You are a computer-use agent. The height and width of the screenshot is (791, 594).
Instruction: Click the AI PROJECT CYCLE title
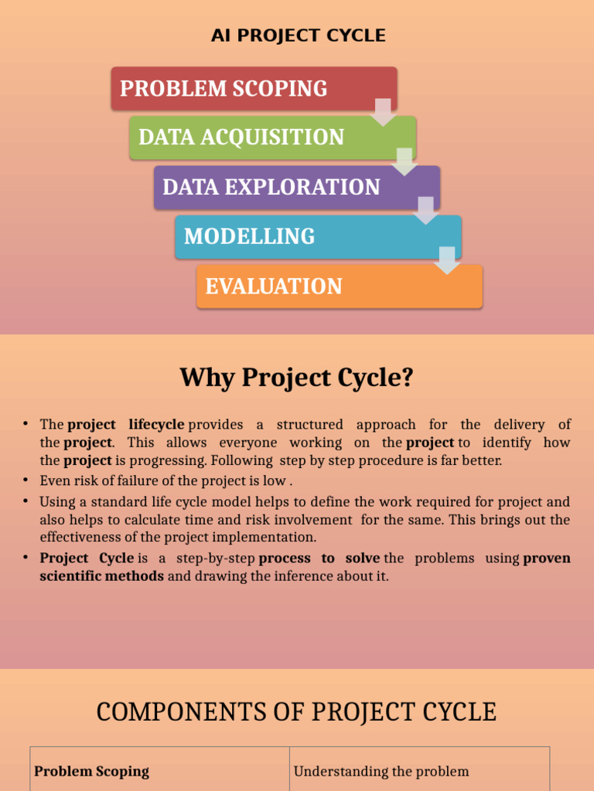tap(298, 36)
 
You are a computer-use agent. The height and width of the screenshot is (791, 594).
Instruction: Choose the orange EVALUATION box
tap(339, 287)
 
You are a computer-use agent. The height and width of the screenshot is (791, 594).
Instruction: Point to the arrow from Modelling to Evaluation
tap(447, 260)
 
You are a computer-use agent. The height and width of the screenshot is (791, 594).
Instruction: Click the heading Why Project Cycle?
tap(297, 378)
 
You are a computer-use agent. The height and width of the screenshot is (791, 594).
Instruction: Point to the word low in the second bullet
tap(275, 480)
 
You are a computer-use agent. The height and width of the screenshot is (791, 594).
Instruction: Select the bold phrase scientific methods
tap(101, 575)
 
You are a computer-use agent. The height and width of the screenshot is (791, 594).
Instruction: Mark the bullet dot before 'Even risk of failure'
tap(26, 480)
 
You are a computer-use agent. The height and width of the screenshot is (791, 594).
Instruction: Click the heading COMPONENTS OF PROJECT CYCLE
tap(296, 711)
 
